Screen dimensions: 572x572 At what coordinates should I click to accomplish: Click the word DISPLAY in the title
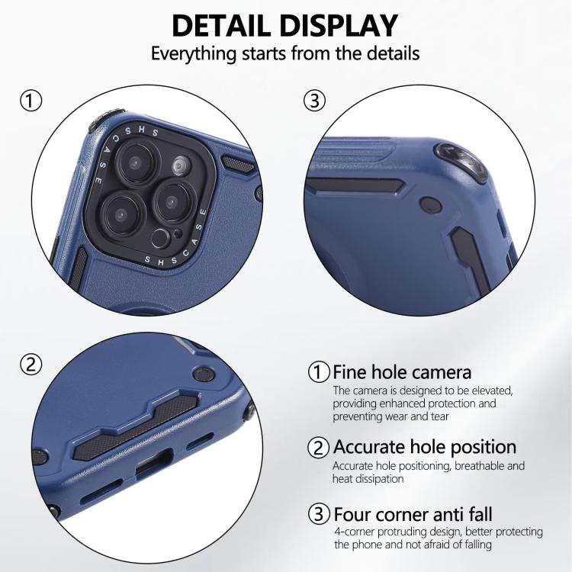339,25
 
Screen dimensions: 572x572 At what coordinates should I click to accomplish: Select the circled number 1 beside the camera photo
31,101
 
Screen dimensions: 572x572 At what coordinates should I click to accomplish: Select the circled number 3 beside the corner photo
314,101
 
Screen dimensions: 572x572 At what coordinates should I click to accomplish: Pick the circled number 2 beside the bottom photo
31,365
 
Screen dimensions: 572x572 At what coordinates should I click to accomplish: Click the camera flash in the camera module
180,166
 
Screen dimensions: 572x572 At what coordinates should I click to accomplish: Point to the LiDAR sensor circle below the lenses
160,239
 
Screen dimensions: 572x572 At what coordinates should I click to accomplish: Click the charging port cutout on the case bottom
154,462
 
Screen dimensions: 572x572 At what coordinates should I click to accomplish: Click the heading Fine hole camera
402,372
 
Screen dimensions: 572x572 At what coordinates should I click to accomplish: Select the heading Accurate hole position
425,448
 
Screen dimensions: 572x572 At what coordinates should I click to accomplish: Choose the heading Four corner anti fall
413,515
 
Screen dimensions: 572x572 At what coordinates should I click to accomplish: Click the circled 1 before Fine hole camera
319,372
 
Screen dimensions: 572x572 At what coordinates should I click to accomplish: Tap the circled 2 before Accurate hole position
319,448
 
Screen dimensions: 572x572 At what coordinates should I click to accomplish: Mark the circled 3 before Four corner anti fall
319,513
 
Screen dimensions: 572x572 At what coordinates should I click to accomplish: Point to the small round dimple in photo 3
431,204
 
